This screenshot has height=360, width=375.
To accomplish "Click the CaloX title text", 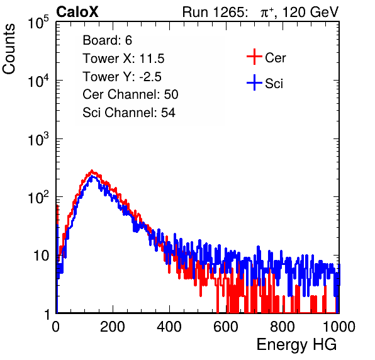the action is pos(77,12).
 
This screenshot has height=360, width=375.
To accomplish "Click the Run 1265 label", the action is pos(215,12).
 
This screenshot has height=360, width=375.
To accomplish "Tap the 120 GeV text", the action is pos(310,12).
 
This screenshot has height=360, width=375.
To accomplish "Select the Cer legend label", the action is pos(275,58).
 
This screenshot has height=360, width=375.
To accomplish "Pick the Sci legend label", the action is pos(274,84).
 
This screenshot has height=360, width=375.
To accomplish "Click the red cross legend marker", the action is pos(254,57).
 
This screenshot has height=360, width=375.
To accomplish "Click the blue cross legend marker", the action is pos(254,82).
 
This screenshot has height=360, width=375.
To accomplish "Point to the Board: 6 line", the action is pos(107,40).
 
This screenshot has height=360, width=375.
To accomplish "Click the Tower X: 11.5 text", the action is pos(123,59).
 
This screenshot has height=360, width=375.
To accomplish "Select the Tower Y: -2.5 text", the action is pos(122,77).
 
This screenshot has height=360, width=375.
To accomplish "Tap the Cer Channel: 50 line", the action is pos(130,94).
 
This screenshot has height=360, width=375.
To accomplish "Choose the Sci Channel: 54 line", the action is pos(129,113).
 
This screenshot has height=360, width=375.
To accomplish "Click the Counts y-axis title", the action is pos(9,48).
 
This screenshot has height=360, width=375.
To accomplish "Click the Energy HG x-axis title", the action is pos(296,345).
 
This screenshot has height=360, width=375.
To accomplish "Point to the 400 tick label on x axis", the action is pos(169,327).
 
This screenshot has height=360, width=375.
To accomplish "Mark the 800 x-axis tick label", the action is pos(283,327).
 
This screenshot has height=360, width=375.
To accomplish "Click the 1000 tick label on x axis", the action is pos(339,327).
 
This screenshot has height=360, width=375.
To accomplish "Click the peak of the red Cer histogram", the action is pos(92,171).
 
